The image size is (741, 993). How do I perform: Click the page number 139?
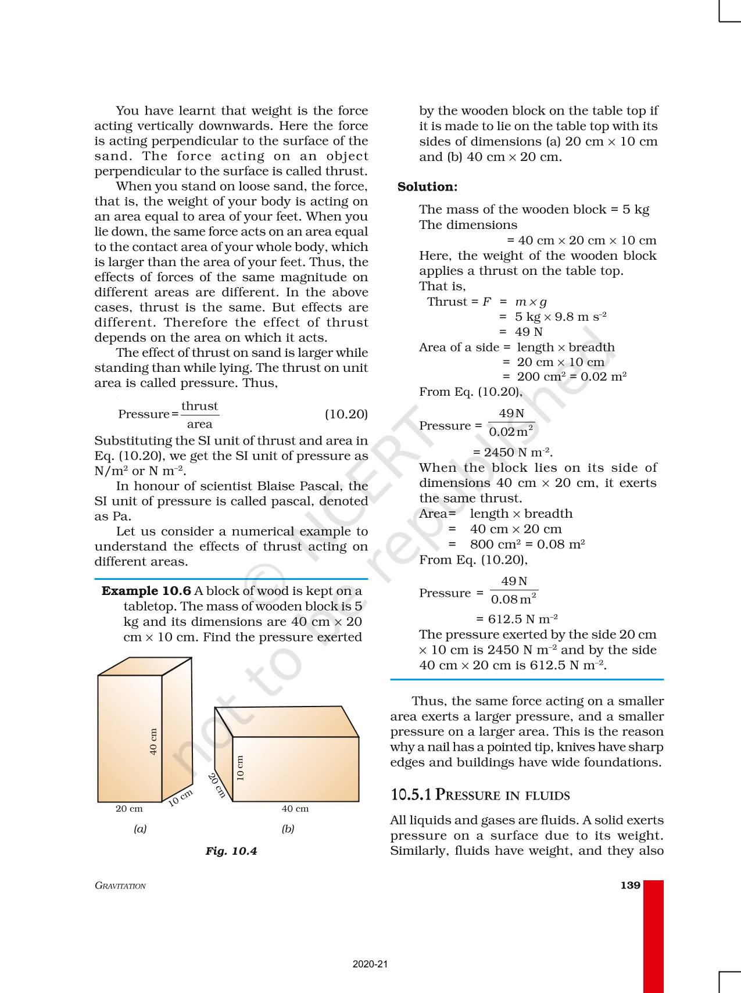tap(630, 886)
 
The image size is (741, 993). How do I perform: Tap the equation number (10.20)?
tap(346, 414)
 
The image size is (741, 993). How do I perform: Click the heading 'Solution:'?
tap(427, 187)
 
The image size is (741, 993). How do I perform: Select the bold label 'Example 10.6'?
tap(146, 591)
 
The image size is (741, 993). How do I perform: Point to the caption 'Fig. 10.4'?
tap(231, 851)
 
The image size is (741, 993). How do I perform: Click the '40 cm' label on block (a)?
tap(153, 741)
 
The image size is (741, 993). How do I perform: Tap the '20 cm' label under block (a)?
tap(129, 809)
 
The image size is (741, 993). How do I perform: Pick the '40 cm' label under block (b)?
tap(295, 809)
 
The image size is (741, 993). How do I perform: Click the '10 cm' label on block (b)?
tap(241, 768)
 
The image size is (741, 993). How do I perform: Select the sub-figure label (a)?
tap(140, 829)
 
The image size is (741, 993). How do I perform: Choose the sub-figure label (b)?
tap(288, 829)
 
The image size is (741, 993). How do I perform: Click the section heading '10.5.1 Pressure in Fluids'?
tap(480, 795)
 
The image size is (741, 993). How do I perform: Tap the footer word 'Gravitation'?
tap(120, 886)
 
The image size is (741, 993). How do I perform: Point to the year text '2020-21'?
tap(370, 965)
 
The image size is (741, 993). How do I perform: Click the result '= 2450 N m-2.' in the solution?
tap(513, 453)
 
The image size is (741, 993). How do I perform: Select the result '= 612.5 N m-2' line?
tap(517, 619)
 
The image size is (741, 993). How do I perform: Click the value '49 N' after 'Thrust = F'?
tap(528, 332)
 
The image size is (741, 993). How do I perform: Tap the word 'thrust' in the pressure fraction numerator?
tap(199, 406)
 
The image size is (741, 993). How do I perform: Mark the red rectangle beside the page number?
tap(654, 935)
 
